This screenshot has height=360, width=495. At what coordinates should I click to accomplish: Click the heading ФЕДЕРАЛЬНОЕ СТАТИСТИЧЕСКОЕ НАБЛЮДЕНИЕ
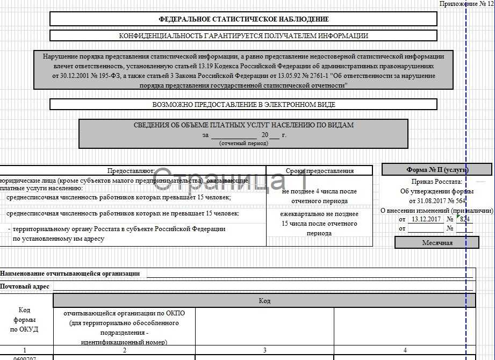243,19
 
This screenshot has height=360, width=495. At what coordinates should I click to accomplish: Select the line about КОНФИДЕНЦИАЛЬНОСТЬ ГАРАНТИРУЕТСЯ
243,35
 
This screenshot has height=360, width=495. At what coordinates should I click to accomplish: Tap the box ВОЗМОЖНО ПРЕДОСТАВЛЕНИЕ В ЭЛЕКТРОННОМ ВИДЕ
243,104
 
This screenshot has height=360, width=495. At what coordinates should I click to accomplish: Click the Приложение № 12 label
465,4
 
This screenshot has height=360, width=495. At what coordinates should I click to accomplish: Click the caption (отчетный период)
243,143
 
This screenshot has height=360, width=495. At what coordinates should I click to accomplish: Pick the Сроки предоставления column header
319,171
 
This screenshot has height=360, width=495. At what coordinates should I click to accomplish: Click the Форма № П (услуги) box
436,170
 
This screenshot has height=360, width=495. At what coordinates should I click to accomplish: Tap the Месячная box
436,242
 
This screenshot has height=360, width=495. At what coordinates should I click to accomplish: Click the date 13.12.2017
424,219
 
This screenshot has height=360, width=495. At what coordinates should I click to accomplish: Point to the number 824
465,219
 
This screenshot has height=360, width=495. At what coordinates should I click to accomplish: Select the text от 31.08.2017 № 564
436,200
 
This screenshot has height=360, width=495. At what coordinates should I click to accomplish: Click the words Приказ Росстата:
436,182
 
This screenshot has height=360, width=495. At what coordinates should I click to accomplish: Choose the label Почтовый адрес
25,286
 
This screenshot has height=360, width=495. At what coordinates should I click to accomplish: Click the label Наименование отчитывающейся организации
70,273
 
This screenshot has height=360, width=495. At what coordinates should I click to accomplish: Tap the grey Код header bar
264,301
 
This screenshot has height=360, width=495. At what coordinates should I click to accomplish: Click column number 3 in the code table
264,350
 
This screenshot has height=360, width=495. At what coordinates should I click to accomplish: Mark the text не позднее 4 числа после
319,191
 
